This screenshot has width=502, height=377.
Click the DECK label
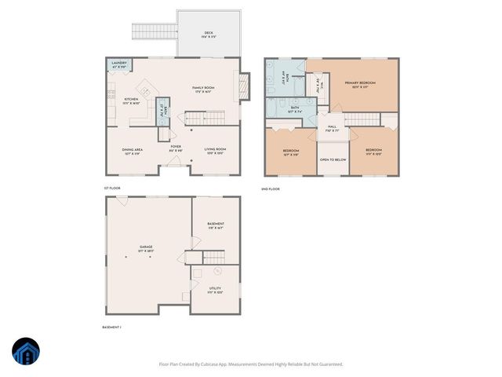[209, 32]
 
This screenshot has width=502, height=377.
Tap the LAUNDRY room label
[119, 64]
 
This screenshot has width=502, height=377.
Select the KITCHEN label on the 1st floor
[131, 99]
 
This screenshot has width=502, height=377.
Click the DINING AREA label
[132, 150]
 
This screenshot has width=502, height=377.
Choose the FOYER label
[176, 146]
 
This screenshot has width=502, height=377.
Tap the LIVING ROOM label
[216, 150]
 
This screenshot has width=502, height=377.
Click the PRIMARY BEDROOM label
[362, 82]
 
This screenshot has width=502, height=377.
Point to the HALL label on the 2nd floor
[332, 126]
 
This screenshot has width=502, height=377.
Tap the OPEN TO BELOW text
[333, 160]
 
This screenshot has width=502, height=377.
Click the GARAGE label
[146, 247]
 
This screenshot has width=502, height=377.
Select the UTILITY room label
[215, 289]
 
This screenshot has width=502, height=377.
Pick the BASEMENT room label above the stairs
[216, 224]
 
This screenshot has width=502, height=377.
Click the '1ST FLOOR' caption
[112, 189]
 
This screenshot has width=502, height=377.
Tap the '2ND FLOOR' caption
[271, 189]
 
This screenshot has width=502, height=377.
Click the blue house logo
[25, 353]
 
